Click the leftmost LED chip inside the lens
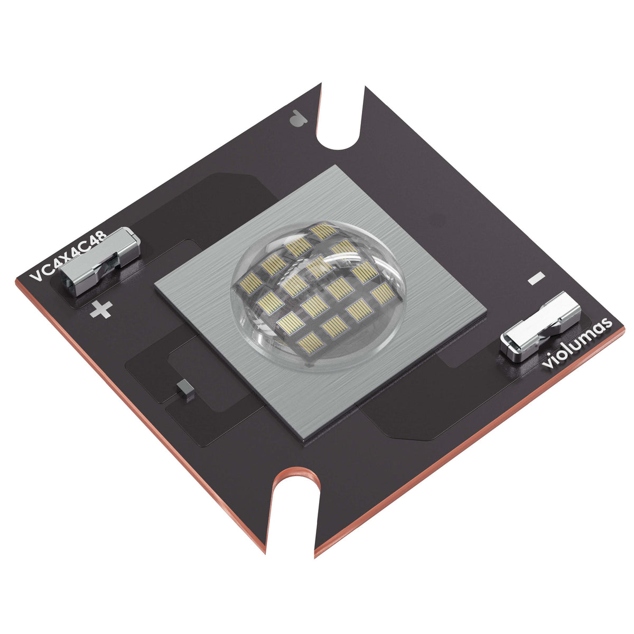coord(249,284)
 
